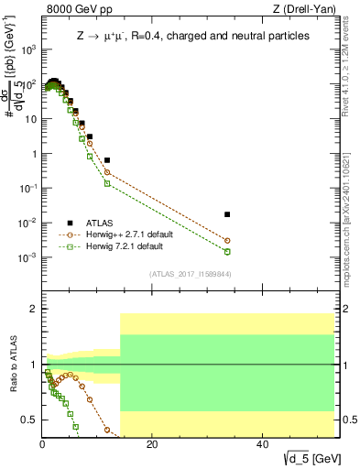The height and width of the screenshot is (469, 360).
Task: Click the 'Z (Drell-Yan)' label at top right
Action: (x=301, y=9)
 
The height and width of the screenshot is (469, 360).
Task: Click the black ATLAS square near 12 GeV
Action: (x=107, y=160)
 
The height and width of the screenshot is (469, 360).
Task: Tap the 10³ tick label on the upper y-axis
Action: (x=28, y=49)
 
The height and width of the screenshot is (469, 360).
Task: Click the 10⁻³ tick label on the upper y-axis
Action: (x=28, y=257)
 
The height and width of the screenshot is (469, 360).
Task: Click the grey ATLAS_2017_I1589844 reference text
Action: (x=189, y=273)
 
